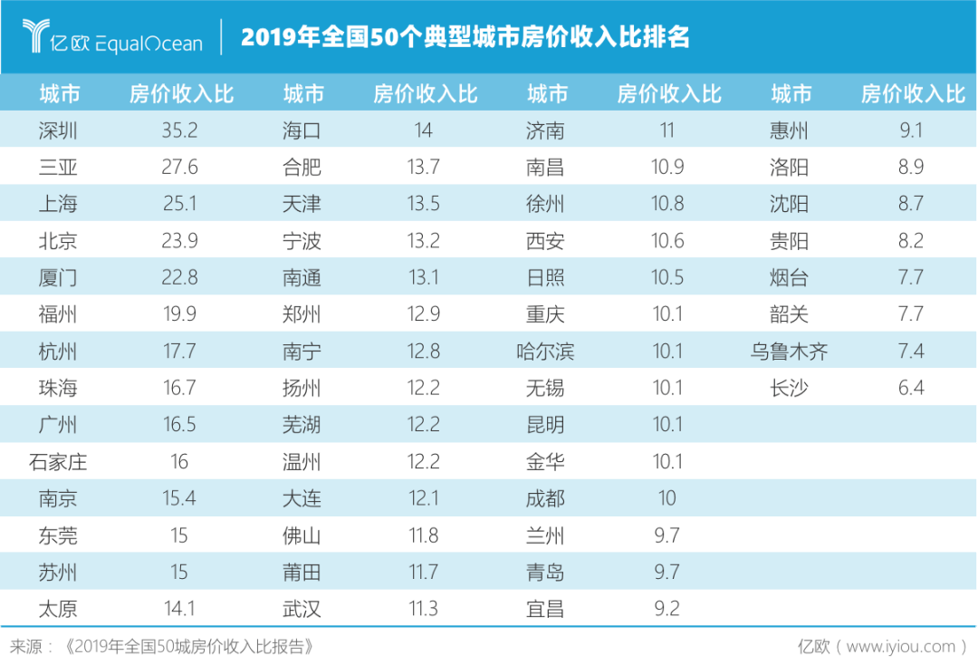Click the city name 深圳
[x=58, y=130]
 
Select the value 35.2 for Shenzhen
[x=179, y=130]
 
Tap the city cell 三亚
[x=58, y=168]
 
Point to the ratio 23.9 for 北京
[x=179, y=241]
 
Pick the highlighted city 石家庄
[x=58, y=462]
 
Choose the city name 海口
[x=302, y=130]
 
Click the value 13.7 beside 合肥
[x=423, y=168]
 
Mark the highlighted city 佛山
[x=302, y=535]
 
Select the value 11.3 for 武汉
[x=423, y=609]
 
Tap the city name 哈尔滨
[x=545, y=352]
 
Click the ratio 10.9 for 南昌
[x=667, y=168]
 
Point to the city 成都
[x=545, y=498]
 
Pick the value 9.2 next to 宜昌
[x=667, y=609]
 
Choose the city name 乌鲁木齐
[x=789, y=352]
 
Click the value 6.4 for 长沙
[x=911, y=389]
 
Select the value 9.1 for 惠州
[x=911, y=130]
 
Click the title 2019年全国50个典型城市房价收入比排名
[x=465, y=37]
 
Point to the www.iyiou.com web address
[x=901, y=646]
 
